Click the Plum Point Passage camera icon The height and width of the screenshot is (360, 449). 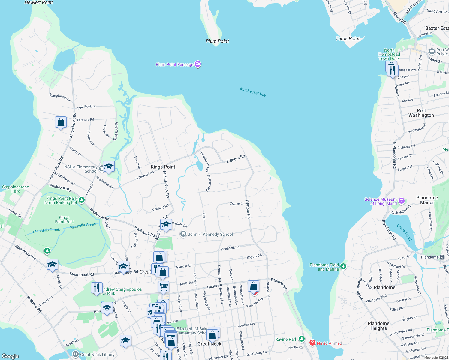click(197, 64)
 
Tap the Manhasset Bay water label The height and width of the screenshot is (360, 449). click(253, 92)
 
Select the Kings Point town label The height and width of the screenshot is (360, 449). click(163, 167)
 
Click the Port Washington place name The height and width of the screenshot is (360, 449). click(421, 113)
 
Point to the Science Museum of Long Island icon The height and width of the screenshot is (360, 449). click(402, 201)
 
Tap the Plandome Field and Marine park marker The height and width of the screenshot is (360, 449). click(344, 266)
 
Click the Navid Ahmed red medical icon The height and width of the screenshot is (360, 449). click(312, 343)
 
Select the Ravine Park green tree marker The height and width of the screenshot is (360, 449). click(302, 339)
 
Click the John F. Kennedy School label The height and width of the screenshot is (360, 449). click(210, 234)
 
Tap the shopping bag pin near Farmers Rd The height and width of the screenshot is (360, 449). click(61, 122)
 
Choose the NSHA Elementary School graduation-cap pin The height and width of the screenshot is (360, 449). click(109, 166)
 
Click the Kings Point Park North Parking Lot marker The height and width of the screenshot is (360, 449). click(82, 199)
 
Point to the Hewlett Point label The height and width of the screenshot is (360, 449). click(38, 2)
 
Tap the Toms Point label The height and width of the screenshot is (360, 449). click(348, 38)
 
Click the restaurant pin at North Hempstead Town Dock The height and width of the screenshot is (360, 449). click(393, 70)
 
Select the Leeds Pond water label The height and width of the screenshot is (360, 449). click(404, 232)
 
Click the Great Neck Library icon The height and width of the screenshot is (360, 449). click(76, 354)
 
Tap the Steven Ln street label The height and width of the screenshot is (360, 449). click(237, 204)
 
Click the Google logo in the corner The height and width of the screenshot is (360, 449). click(10, 356)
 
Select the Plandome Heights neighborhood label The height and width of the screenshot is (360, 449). click(378, 326)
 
